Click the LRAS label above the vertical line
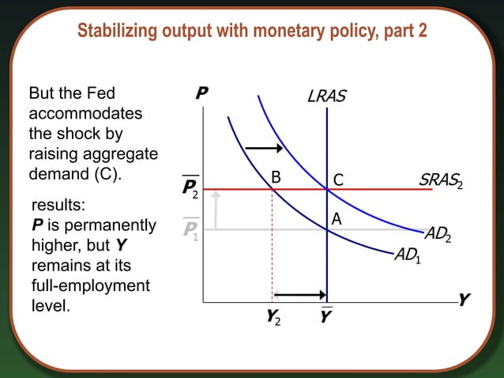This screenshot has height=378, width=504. [x=326, y=97]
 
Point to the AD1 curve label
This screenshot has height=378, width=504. [x=408, y=256]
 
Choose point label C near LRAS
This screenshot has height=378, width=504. [x=338, y=180]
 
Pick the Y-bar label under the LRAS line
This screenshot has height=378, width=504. [x=326, y=317]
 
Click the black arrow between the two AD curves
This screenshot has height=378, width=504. [x=264, y=147]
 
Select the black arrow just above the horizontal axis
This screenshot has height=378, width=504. [x=299, y=295]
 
